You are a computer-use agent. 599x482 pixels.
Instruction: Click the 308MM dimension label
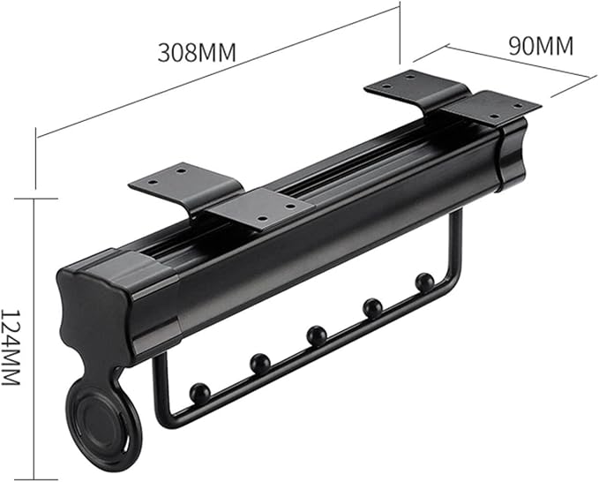(197, 52)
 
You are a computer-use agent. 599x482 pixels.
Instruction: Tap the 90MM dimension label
(541, 46)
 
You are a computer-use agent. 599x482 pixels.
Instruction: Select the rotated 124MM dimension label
(11, 347)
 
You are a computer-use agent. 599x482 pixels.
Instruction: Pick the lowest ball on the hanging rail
(200, 394)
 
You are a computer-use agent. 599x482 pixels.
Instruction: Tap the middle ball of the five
(317, 335)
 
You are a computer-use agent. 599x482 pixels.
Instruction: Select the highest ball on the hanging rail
(424, 282)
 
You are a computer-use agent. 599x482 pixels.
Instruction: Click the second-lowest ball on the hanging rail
(260, 364)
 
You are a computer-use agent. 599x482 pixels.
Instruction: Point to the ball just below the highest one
(372, 308)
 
